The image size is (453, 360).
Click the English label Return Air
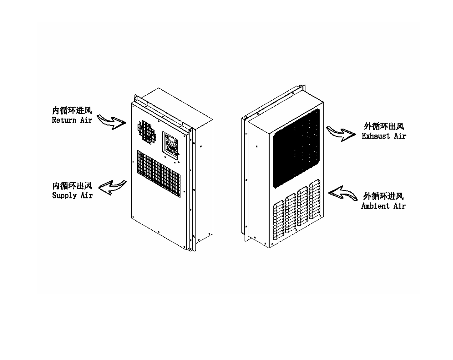pos(72,120)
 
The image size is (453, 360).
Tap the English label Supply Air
pos(72,195)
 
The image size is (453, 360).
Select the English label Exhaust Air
pos(383,136)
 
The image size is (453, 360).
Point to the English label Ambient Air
pos(383,206)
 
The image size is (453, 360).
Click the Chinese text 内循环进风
pos(72,111)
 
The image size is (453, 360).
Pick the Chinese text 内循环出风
pos(72,186)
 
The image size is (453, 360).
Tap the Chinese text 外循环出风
pos(383,126)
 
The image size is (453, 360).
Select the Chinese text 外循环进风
pos(383,196)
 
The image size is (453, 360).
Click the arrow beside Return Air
pos(111,122)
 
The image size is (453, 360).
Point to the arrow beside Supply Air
pos(112,188)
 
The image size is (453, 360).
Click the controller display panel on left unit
pos(171,145)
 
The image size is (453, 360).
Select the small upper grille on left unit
pos(147,130)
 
